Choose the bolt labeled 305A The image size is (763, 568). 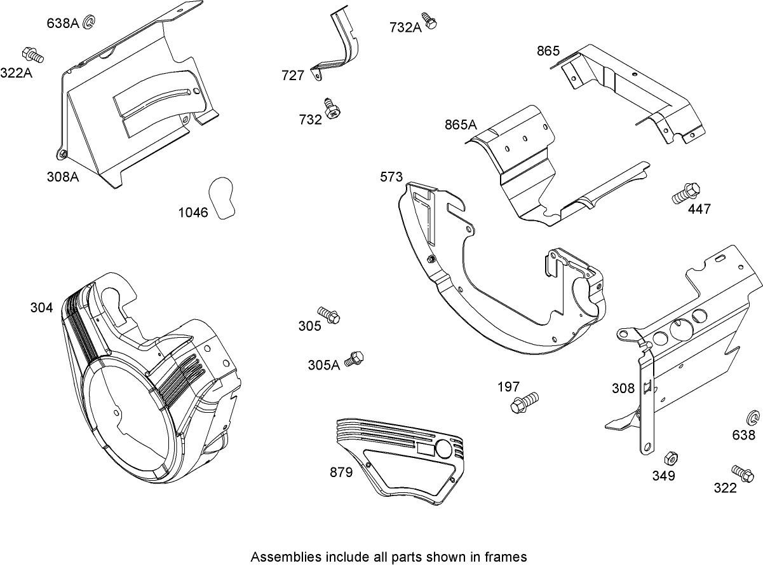coord(354,359)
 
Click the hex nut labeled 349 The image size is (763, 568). coord(669,459)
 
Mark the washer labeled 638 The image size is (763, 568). coord(752,419)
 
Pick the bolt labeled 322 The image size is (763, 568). coord(742,473)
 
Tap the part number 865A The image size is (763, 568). coord(460,125)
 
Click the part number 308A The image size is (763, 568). coord(62,176)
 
